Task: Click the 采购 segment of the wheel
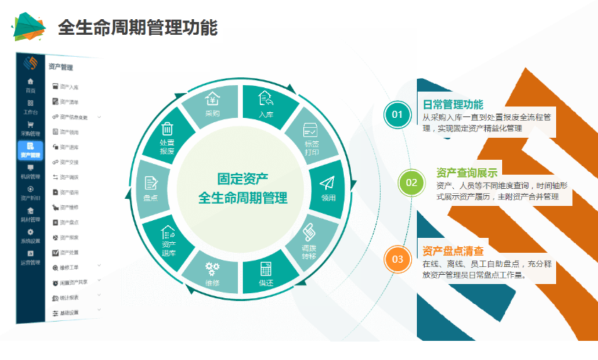pos(212,104)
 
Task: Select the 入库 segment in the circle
pos(266,104)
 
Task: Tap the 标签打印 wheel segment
pos(310,138)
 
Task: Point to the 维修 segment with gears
pos(212,274)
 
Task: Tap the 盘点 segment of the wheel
pos(151,189)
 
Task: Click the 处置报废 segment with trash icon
pos(168,138)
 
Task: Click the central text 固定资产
pos(242,180)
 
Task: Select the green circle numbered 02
pos(411,182)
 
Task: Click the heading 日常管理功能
pos(452,104)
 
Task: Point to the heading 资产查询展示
pos(467,173)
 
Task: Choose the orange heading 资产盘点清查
pos(453,251)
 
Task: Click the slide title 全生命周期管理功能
pos(137,28)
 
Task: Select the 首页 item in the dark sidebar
pos(31,85)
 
